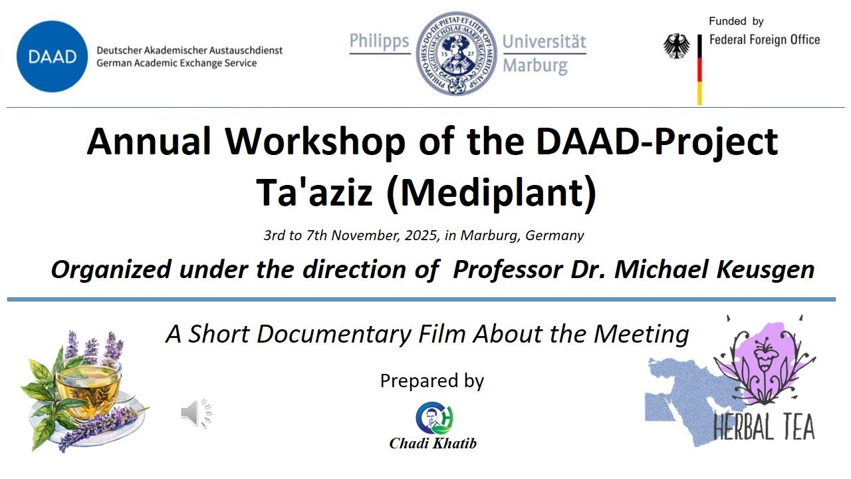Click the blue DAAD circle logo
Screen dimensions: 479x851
coord(52,57)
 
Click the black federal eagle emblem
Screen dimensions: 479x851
coord(677,47)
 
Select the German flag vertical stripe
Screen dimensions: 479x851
coord(699,70)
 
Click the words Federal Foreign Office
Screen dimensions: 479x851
coord(765,40)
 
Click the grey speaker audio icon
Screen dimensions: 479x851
coord(196,413)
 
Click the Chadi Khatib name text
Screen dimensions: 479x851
coord(433,443)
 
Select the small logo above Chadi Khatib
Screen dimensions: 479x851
coord(434,418)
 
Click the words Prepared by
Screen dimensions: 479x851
coord(431,381)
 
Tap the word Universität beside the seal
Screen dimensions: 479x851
coord(544,42)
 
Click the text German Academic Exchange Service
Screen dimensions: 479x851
coord(176,63)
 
